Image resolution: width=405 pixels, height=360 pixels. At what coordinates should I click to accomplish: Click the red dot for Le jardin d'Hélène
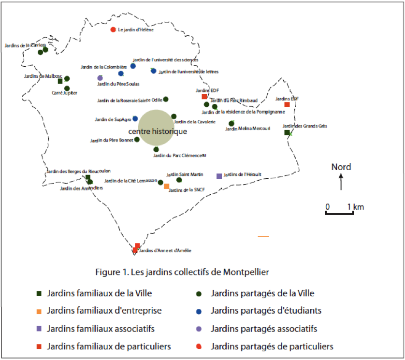[113, 29]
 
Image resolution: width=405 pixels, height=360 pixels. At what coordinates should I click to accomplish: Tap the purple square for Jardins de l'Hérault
[219, 175]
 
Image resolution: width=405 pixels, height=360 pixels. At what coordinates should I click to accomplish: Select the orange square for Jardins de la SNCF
[167, 186]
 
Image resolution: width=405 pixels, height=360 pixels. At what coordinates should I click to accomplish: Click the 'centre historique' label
[150, 131]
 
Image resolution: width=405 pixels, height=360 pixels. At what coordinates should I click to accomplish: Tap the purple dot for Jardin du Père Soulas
[100, 78]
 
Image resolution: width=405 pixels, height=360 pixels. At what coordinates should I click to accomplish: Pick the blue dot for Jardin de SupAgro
[135, 118]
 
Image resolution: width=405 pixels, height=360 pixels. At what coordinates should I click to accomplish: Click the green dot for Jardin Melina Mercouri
[231, 123]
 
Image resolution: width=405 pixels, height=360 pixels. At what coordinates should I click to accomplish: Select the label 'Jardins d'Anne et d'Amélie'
[165, 250]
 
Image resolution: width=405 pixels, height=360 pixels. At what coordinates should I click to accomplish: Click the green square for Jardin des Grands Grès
[287, 132]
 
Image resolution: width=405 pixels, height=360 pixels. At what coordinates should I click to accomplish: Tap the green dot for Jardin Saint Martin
[179, 180]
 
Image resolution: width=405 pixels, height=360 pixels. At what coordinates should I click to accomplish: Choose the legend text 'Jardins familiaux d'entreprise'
[105, 311]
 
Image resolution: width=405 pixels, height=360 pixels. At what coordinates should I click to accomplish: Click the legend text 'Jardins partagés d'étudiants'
[266, 311]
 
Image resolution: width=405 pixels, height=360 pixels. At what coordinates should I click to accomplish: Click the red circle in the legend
[200, 346]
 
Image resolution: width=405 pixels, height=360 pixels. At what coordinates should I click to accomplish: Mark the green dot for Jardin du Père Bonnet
[137, 139]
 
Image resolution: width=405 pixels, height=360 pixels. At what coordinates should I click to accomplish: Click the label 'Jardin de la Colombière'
[104, 67]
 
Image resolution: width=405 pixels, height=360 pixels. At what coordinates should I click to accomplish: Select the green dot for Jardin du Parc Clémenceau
[156, 149]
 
